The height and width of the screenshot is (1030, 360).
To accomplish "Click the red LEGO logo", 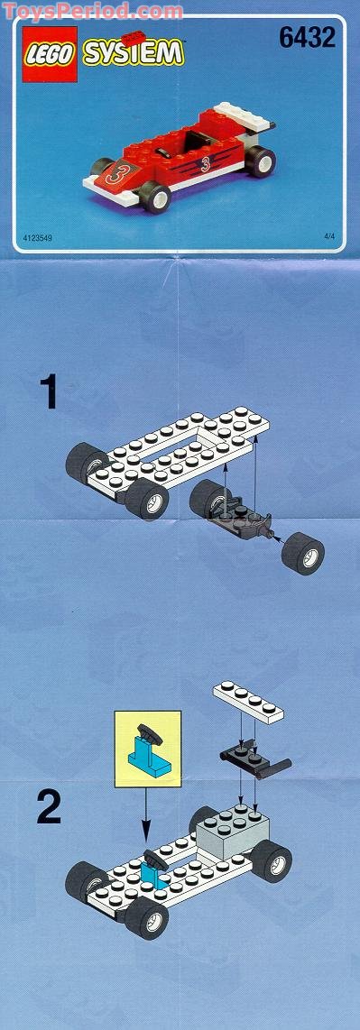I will click(x=45, y=53).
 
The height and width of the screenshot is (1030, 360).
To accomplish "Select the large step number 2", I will click(x=49, y=807).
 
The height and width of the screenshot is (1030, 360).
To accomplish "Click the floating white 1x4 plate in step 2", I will click(x=249, y=700).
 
